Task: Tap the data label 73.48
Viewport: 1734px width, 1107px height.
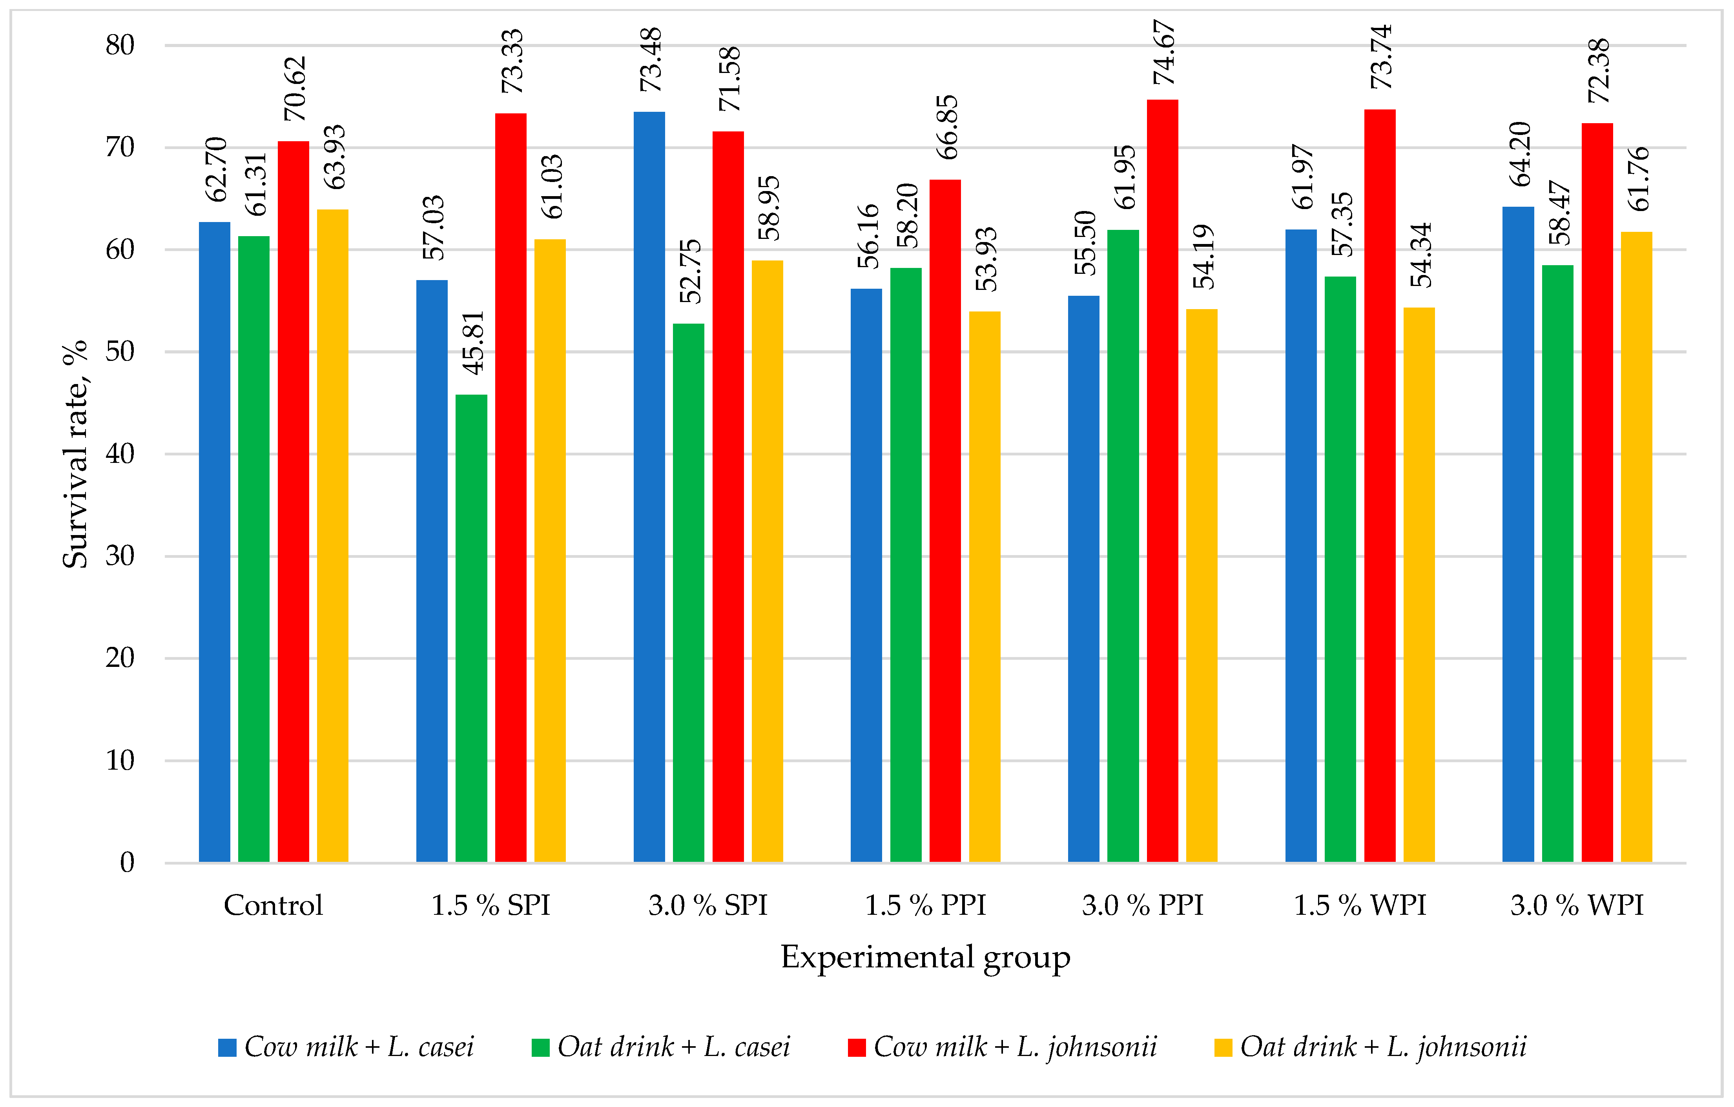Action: coord(651,60)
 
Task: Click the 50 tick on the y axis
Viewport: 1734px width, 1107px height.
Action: coord(120,352)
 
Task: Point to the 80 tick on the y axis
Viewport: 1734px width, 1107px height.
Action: coord(120,46)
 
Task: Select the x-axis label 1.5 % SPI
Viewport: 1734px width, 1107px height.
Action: coord(490,905)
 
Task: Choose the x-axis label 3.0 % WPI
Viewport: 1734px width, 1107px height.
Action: coord(1577,905)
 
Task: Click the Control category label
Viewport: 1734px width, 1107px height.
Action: coord(273,905)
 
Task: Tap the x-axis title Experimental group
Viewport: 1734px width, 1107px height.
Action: coord(925,957)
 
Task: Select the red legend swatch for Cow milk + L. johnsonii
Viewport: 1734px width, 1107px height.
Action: coord(856,1047)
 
